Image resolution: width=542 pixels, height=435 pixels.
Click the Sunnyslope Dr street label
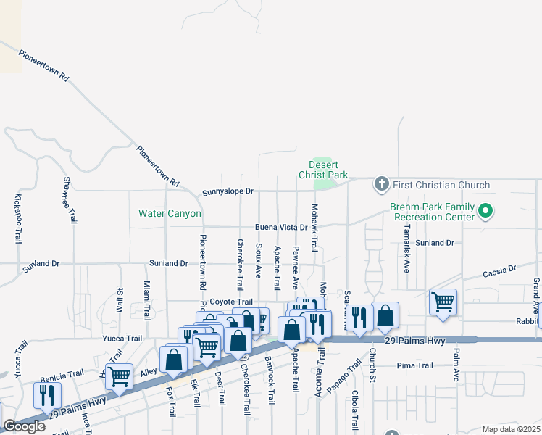pos(228,191)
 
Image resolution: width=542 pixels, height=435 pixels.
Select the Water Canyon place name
pos(170,214)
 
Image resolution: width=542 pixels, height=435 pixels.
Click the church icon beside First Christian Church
pos(382,185)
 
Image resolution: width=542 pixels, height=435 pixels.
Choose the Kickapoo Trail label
pos(17,218)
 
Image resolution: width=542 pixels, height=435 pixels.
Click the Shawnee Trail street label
pos(70,199)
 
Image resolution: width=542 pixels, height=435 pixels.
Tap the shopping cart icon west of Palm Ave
pos(443,300)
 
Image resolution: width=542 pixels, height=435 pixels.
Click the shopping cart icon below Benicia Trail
pos(119,376)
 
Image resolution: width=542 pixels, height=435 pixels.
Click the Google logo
pos(24,426)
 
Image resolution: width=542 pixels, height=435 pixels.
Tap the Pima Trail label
pos(415,365)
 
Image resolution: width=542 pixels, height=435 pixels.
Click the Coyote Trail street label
pos(231,302)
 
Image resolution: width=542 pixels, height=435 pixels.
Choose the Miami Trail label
pos(147,301)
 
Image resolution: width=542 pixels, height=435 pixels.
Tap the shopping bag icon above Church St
pos(385,315)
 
